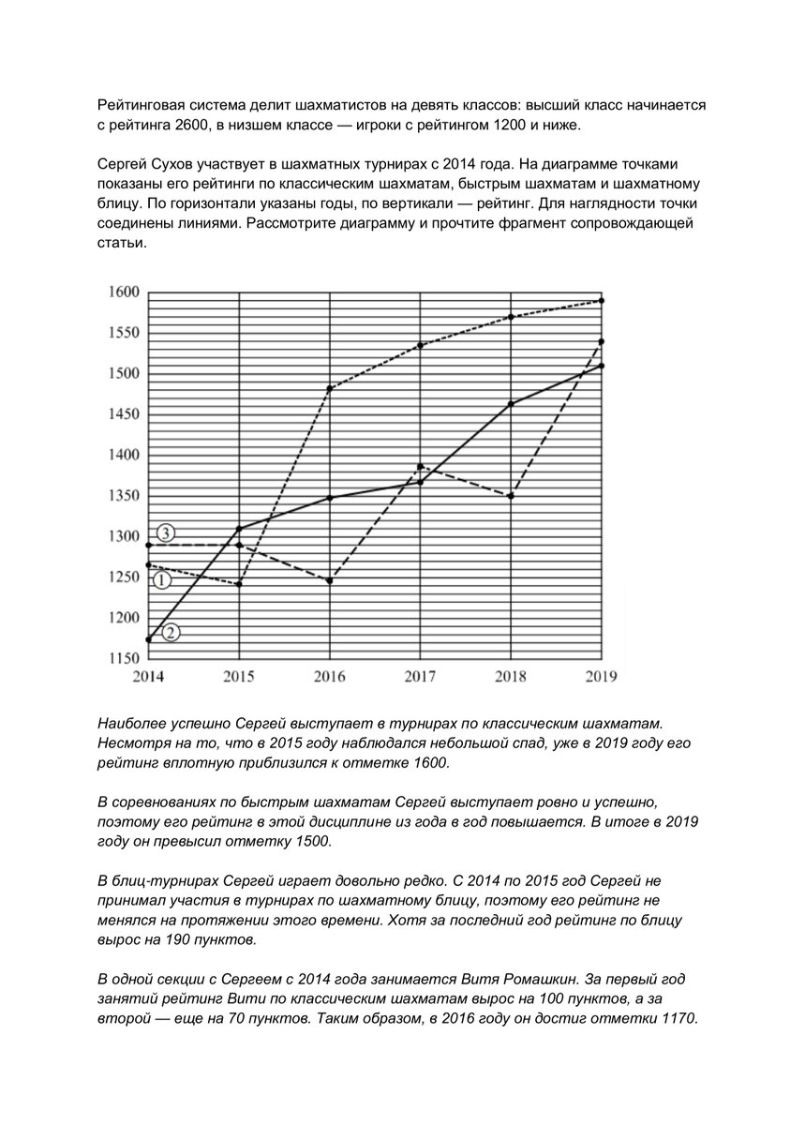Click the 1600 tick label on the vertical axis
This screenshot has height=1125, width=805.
coord(123,292)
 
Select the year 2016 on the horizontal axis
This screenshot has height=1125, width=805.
coord(329,676)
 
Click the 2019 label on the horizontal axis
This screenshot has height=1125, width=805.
coord(601,676)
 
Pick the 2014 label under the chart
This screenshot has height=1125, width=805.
coord(149,676)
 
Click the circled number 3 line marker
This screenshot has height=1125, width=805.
coord(165,533)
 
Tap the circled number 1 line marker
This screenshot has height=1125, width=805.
coord(161,580)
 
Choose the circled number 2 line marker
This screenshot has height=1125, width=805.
coord(171,633)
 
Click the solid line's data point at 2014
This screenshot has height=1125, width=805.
coord(149,639)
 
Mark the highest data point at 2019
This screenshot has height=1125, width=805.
coord(601,301)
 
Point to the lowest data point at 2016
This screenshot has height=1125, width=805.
coord(330,581)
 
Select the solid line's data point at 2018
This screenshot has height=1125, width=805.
coord(511,404)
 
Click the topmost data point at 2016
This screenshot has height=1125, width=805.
coord(330,388)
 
